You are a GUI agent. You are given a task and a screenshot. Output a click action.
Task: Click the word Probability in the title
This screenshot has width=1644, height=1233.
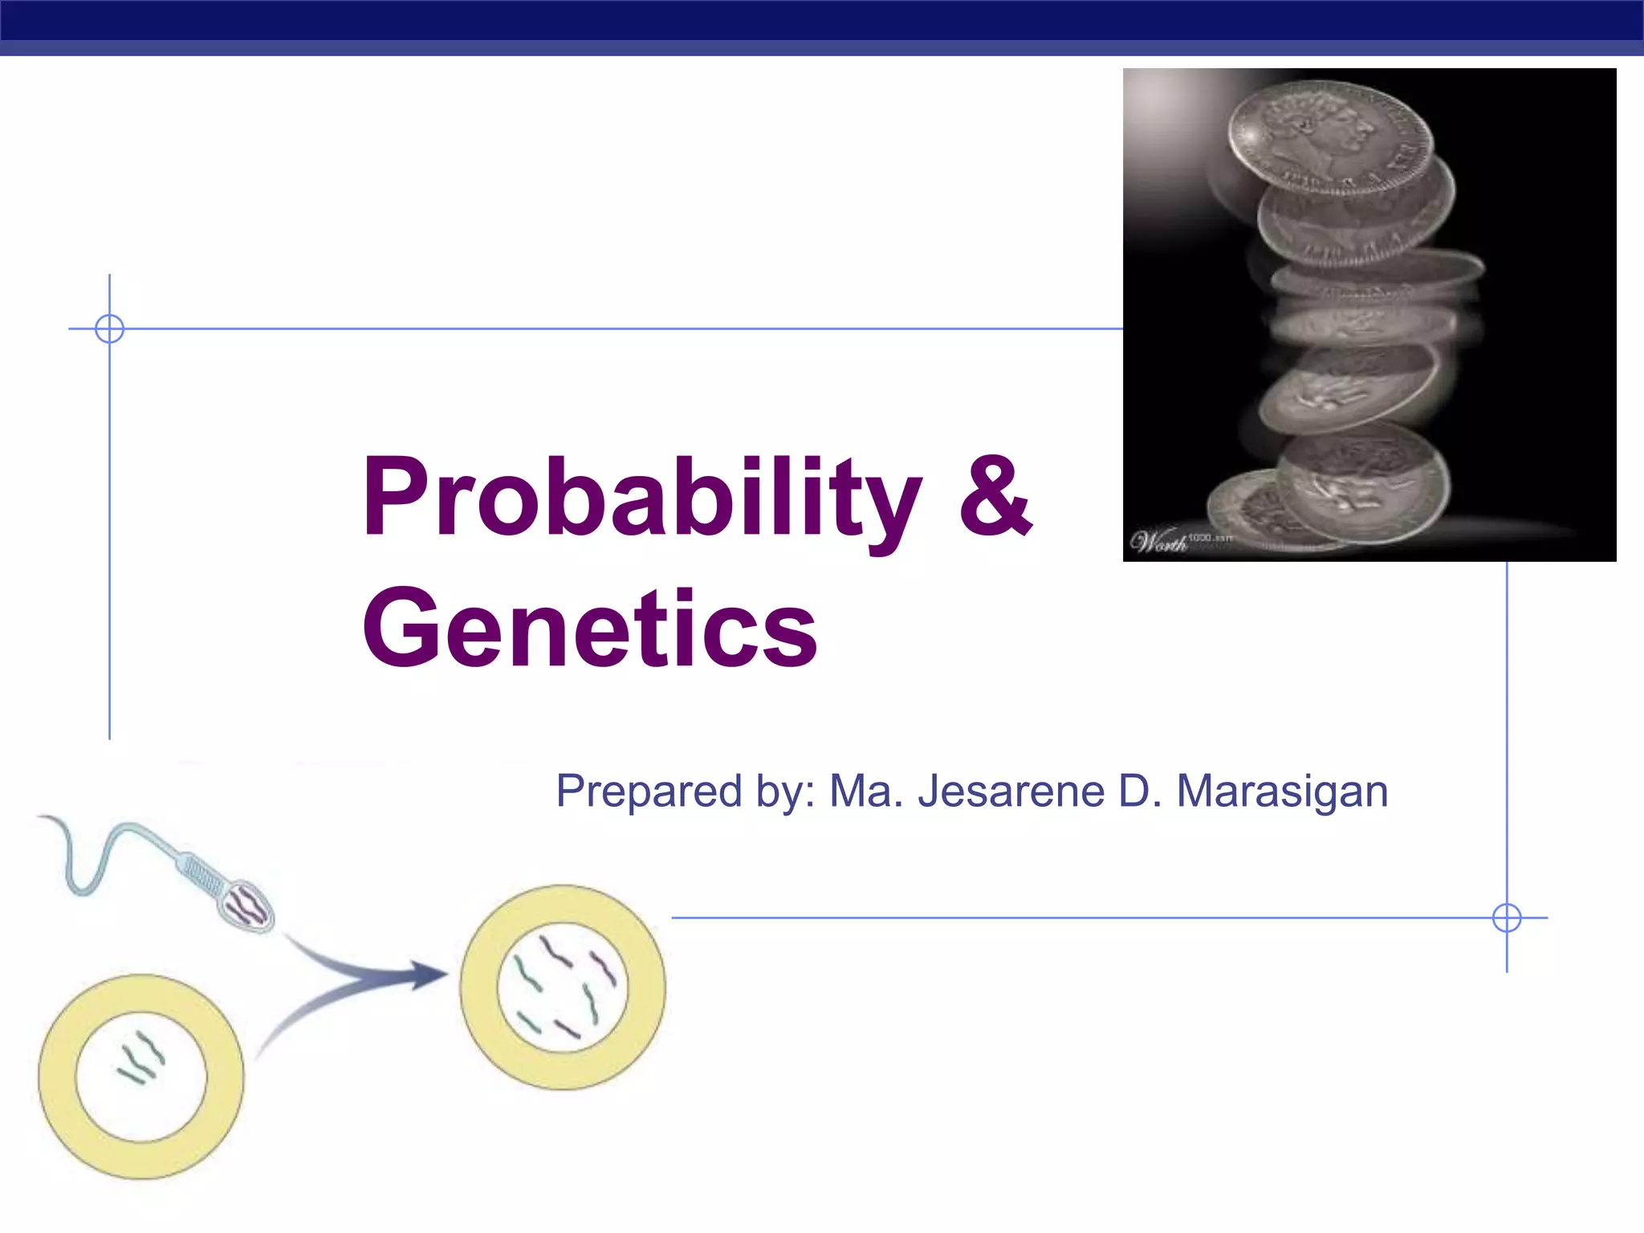(642, 498)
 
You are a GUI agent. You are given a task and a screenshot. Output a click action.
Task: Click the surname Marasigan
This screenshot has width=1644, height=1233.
(1282, 791)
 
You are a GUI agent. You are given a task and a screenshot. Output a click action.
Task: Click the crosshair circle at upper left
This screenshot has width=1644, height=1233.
(109, 328)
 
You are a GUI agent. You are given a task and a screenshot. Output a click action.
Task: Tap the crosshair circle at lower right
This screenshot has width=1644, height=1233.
(1507, 918)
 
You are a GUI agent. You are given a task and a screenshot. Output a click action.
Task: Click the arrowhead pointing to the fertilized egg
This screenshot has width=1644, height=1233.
(429, 975)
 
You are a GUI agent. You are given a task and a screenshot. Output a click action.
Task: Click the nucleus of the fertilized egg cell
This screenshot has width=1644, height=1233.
(562, 987)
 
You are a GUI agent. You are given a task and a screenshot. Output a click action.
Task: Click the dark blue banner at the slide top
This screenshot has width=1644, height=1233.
(822, 20)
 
